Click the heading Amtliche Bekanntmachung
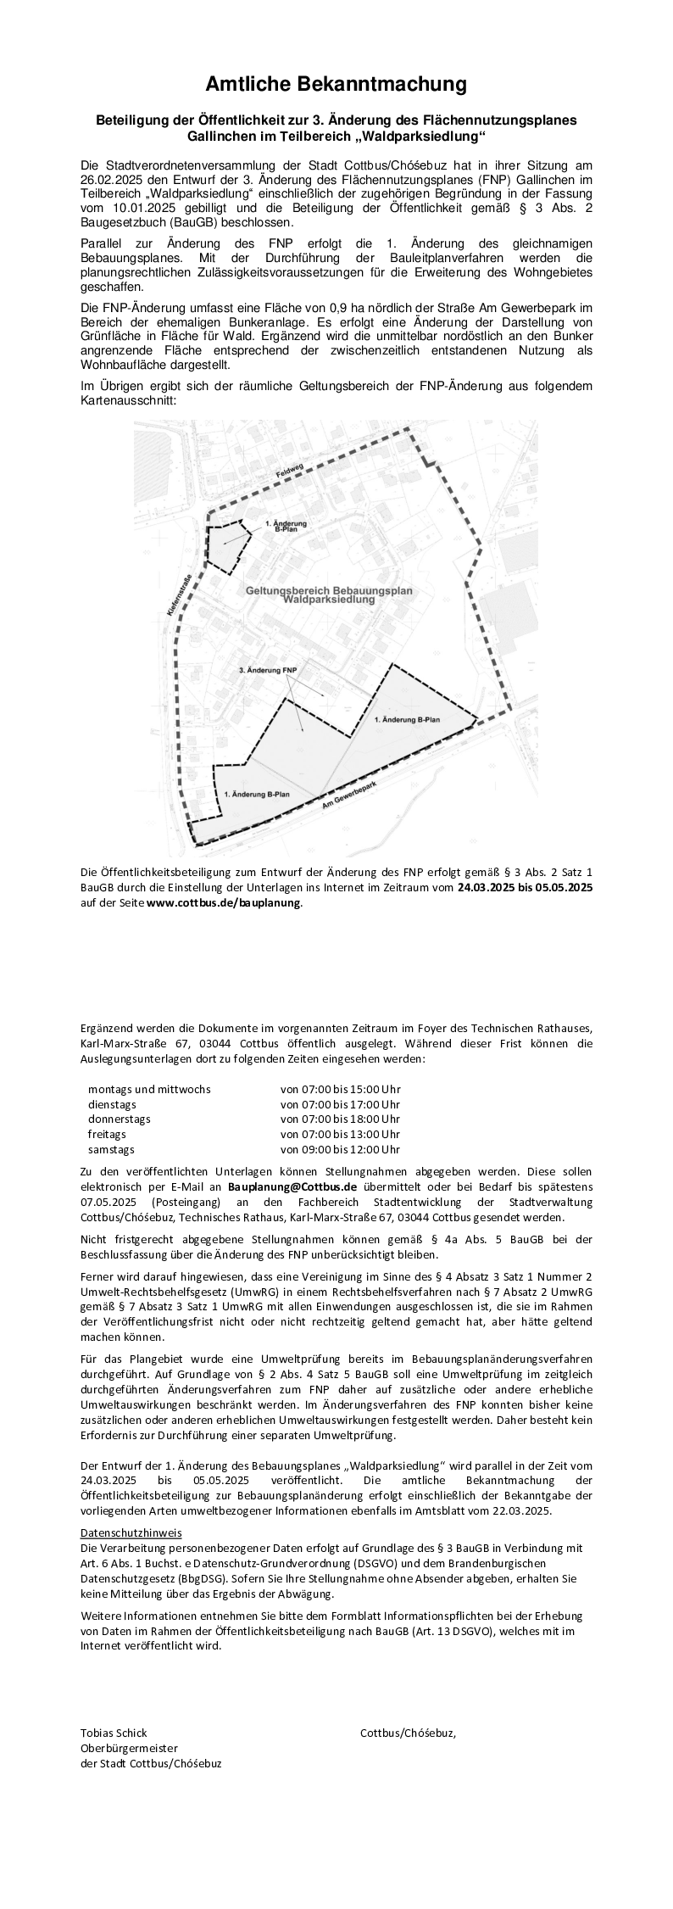(x=336, y=84)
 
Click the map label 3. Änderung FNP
(x=268, y=670)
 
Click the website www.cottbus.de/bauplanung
(x=224, y=902)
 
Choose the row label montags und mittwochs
(x=149, y=1089)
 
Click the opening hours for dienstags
(x=340, y=1104)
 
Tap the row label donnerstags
(x=119, y=1119)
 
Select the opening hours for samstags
(x=340, y=1149)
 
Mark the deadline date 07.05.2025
(x=108, y=1202)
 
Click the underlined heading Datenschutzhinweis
(x=131, y=1533)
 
